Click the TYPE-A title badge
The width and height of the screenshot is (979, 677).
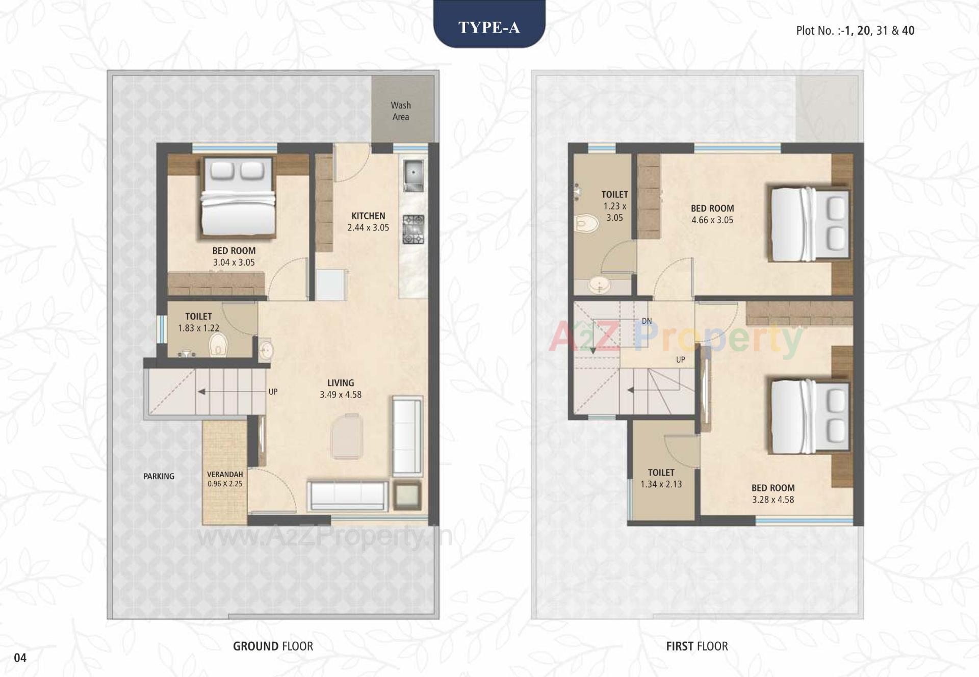(489, 27)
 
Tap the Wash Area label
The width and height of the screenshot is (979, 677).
(401, 111)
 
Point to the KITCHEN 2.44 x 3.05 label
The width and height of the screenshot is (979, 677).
(368, 222)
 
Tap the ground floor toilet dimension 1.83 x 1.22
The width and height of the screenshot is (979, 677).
(198, 328)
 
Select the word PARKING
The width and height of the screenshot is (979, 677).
(159, 476)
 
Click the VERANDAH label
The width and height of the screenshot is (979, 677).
(225, 475)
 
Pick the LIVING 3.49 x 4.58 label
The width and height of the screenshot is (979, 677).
(341, 388)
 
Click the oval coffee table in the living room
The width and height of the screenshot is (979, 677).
(347, 436)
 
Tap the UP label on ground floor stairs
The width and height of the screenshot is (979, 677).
(273, 392)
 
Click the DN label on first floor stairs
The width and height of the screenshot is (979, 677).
(647, 321)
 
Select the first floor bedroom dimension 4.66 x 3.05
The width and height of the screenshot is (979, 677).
(712, 220)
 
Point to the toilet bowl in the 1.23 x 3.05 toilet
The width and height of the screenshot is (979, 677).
(586, 223)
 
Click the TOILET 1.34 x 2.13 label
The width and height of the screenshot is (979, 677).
(661, 479)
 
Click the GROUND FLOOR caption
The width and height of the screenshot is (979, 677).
(273, 646)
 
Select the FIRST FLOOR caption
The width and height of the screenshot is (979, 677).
(697, 646)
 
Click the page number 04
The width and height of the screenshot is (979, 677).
(20, 658)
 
